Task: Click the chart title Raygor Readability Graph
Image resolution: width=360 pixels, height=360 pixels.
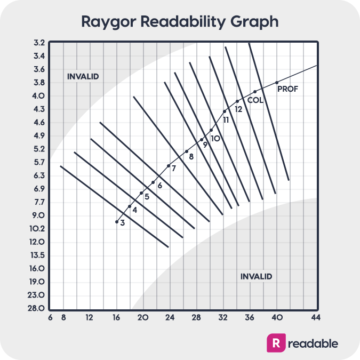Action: [180, 22]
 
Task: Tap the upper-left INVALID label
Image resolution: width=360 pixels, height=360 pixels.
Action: [83, 76]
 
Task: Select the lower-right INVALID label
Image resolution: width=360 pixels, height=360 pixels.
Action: [256, 276]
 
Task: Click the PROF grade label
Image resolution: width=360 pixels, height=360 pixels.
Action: [288, 89]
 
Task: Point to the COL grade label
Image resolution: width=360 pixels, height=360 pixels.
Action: [255, 100]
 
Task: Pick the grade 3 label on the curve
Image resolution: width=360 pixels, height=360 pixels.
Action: [122, 222]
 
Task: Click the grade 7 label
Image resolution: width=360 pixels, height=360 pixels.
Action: [173, 168]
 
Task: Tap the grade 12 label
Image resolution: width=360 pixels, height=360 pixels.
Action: [238, 109]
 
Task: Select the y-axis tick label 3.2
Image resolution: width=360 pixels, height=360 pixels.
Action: [39, 43]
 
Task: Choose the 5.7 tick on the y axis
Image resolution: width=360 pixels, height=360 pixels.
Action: [39, 162]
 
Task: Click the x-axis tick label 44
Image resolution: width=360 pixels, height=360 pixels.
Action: [315, 317]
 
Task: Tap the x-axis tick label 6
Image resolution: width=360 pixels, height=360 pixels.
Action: [50, 317]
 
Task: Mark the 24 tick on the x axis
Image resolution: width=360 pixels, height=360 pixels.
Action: [170, 317]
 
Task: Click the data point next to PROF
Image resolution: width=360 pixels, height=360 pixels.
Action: [277, 83]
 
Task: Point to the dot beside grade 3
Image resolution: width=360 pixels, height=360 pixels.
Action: [117, 221]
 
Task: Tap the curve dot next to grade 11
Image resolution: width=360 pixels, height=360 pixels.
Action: [225, 111]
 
